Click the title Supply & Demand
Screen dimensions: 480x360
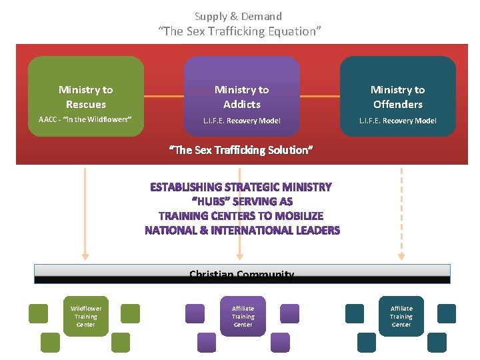[x=238, y=16]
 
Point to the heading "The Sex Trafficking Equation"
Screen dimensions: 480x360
[x=239, y=31]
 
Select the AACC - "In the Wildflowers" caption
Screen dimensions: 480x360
[x=85, y=120]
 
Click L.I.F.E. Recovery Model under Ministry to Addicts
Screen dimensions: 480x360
[x=242, y=121]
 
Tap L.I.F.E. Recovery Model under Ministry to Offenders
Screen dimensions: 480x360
[x=398, y=121]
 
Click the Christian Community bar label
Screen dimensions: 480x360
[x=241, y=274]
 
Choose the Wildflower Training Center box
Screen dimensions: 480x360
[x=86, y=316]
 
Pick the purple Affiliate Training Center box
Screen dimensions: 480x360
[x=243, y=316]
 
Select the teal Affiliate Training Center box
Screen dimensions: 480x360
[x=401, y=316]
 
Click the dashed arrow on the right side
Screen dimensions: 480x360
[x=401, y=213]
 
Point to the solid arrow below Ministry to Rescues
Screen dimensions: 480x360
[x=85, y=213]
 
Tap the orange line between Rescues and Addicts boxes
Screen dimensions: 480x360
[x=164, y=97]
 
